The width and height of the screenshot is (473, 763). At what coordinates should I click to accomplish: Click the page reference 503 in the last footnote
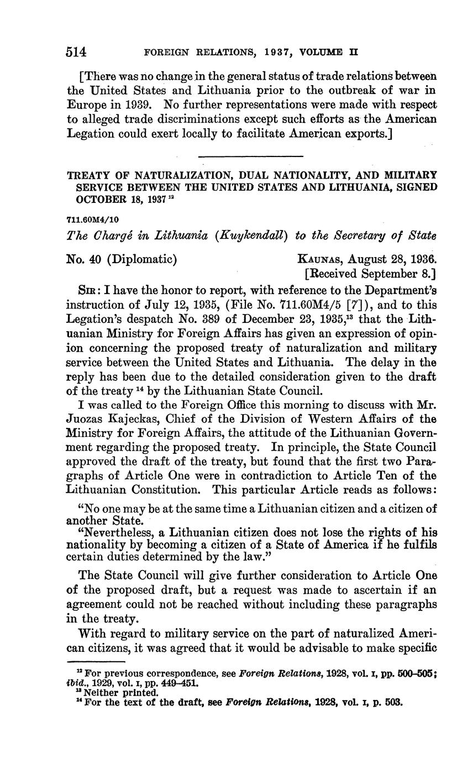(x=394, y=699)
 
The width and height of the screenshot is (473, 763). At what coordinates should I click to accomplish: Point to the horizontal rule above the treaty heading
(x=251, y=155)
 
